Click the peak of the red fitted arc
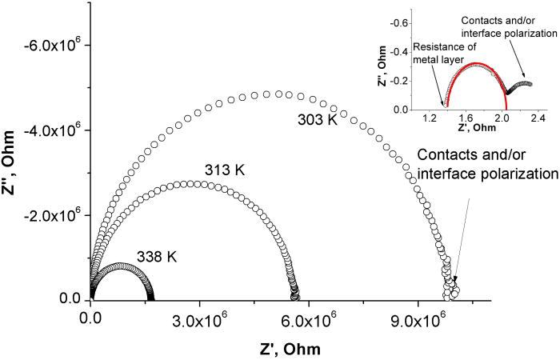click(476, 63)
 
